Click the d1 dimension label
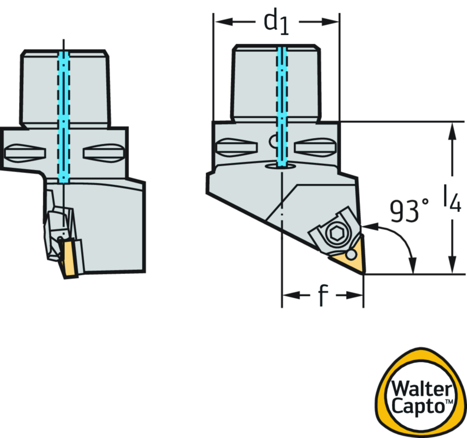click(x=277, y=22)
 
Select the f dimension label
click(x=322, y=295)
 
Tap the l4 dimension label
click(x=451, y=198)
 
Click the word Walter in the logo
click(x=422, y=389)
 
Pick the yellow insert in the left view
click(x=70, y=258)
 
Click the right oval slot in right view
click(x=315, y=147)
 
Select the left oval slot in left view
click(x=26, y=152)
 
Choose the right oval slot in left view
click(x=104, y=152)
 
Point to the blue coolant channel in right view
click(x=282, y=105)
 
